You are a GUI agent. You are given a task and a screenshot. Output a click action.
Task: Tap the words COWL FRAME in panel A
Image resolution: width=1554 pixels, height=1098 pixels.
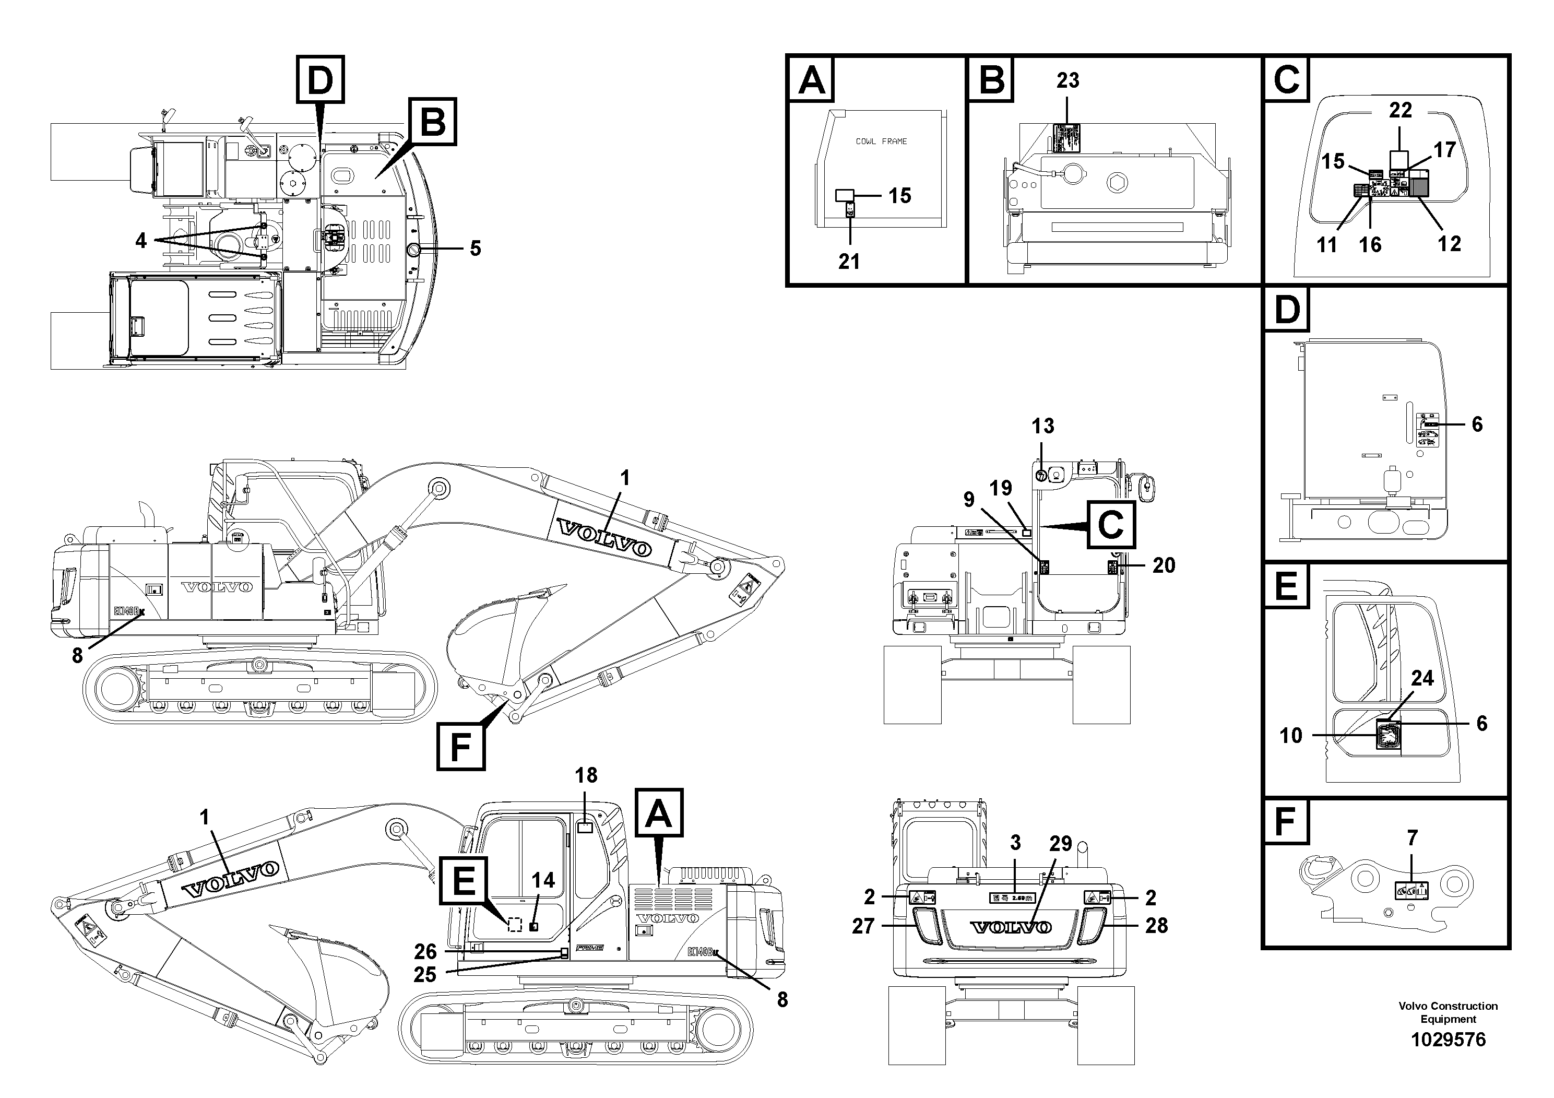881,141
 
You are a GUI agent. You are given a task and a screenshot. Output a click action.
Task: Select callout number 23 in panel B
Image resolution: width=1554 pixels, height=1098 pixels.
1067,80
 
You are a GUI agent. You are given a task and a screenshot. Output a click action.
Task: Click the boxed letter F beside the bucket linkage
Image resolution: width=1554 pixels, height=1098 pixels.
460,747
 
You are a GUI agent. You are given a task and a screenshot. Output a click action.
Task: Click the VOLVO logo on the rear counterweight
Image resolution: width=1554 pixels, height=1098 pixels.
1011,927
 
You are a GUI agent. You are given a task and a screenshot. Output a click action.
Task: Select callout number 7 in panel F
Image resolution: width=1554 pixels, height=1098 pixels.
1412,838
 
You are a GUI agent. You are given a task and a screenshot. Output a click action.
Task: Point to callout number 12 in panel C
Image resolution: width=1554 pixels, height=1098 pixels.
1449,244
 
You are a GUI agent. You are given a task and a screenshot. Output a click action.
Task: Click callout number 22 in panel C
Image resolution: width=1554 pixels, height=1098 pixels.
1401,110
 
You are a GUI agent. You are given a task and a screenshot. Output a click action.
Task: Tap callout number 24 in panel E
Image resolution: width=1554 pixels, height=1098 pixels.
1422,678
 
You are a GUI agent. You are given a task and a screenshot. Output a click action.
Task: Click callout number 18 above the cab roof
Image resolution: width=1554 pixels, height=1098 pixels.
586,775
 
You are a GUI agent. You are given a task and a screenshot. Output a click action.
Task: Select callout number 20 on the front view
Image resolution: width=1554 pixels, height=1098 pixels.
1164,565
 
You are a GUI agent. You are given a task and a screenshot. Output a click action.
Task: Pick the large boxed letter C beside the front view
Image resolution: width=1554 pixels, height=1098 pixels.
1111,524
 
